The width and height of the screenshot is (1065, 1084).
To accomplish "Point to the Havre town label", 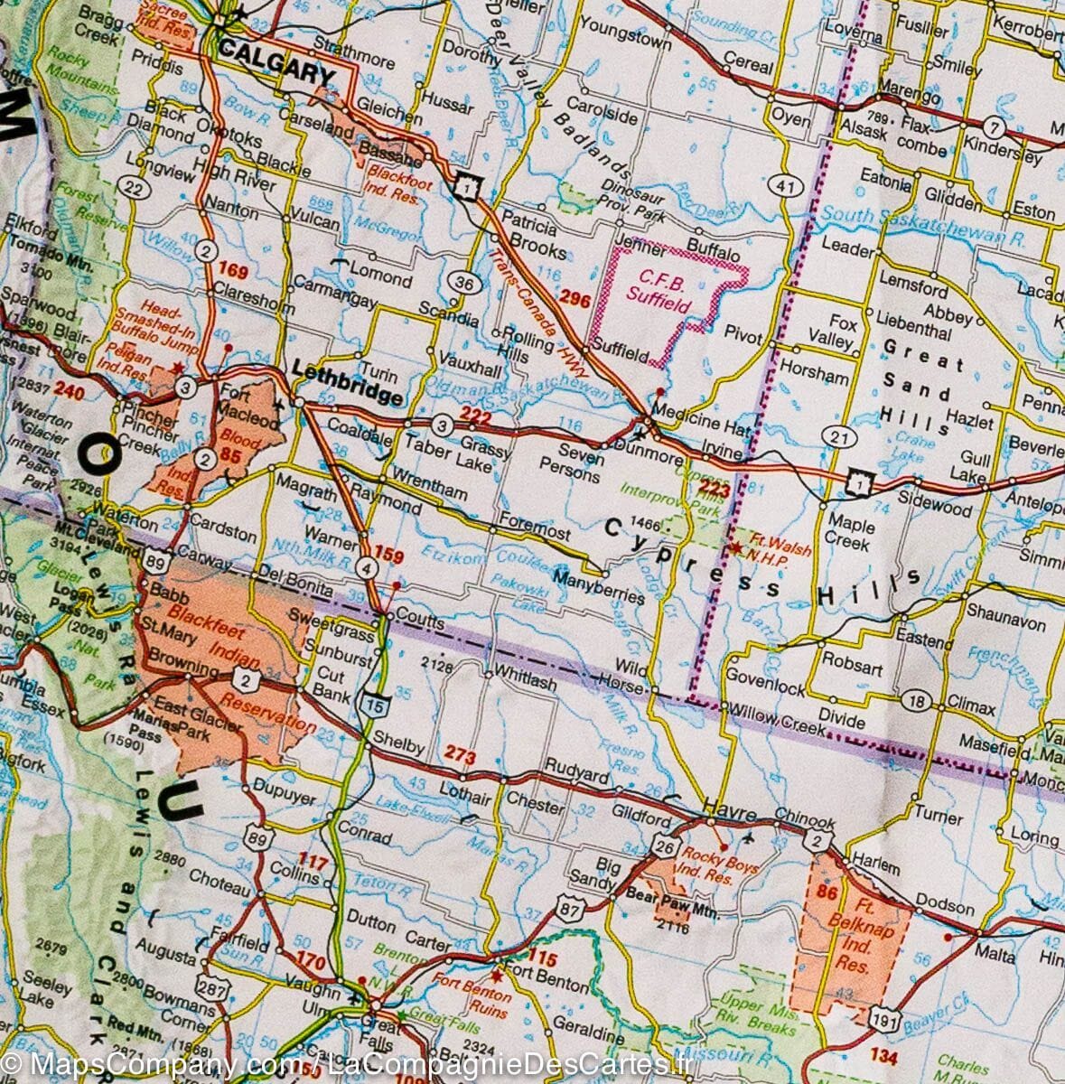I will [x=729, y=814].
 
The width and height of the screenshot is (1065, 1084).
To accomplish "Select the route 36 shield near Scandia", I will [x=464, y=284].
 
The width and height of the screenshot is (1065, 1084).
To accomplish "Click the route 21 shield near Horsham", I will [x=841, y=437].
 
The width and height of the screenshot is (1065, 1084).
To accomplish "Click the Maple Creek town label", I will [x=850, y=533].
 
